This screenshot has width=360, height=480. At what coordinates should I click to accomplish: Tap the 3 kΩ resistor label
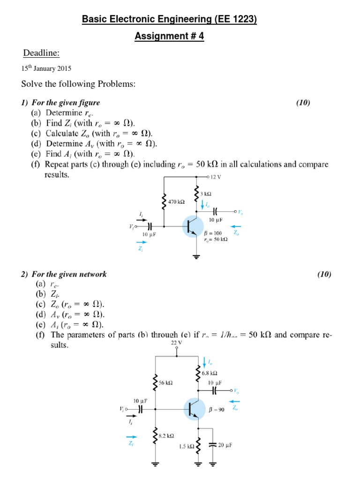206,194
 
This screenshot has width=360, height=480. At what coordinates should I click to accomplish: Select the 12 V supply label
216,177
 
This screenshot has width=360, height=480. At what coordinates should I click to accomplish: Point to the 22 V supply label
176,343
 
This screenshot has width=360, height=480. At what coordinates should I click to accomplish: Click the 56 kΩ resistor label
166,382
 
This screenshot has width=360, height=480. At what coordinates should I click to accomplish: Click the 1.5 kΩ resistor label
186,447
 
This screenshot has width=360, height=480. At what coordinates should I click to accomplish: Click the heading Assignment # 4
169,36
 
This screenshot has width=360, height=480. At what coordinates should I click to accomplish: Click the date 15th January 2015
46,68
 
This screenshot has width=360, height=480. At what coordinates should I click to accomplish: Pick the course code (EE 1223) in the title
235,19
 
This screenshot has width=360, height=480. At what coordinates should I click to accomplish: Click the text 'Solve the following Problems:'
78,84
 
